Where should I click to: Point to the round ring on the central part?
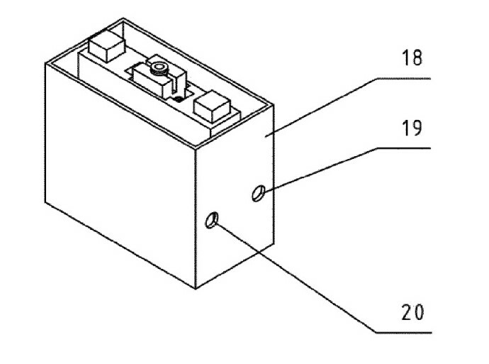(159, 68)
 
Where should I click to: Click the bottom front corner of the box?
(196, 288)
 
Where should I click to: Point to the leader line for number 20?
(298, 277)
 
